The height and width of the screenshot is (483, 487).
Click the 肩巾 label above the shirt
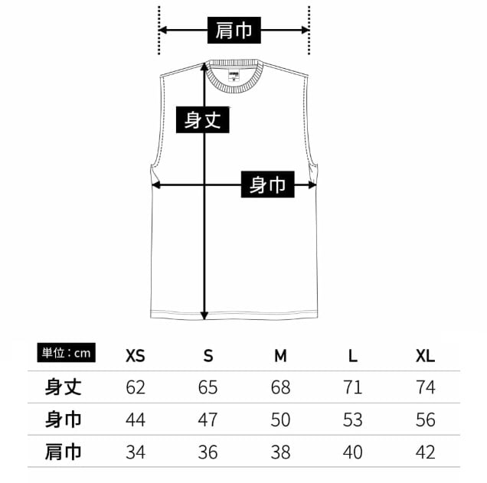coord(234,31)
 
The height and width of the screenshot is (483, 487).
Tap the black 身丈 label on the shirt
coord(204,120)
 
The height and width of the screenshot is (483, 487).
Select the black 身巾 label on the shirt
coord(267,184)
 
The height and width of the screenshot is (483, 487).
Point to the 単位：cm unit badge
coord(67,353)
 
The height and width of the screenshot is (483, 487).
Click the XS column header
coord(136,356)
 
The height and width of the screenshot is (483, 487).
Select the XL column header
coord(425,356)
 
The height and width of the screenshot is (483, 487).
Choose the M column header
coord(280,356)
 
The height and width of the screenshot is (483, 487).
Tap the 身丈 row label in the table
coord(64,387)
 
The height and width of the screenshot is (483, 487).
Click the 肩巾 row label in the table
coord(64,452)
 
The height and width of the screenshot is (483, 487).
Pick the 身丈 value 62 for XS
coord(136,387)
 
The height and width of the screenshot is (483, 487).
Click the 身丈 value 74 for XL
coord(425,387)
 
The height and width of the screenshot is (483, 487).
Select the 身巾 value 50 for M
coord(280,419)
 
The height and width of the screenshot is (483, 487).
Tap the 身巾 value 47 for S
coord(208,419)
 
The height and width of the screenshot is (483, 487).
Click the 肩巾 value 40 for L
coord(352,452)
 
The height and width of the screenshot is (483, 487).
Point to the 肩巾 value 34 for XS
coord(136,452)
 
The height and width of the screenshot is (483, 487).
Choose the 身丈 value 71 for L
coord(352,387)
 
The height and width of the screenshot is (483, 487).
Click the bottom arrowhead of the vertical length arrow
coord(204,315)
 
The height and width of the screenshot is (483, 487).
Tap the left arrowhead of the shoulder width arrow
coord(162,31)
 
